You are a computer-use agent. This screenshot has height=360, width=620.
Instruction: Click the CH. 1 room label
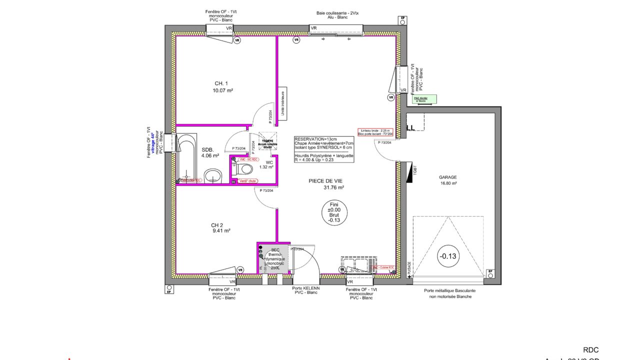221,83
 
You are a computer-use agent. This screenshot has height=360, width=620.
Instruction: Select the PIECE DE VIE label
325,181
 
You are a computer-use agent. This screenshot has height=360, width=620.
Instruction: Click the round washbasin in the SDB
214,175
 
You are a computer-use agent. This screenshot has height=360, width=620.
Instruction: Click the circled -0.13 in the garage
447,256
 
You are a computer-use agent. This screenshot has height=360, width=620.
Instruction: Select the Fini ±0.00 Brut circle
334,212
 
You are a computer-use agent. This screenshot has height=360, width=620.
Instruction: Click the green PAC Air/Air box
424,99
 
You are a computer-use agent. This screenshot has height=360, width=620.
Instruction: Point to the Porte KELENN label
305,288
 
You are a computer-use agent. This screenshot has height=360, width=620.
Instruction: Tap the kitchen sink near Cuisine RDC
356,264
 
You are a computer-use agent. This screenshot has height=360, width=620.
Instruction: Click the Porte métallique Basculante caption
449,290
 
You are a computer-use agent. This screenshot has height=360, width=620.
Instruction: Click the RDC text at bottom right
590,350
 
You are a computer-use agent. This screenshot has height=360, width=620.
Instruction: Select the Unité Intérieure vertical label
282,104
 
